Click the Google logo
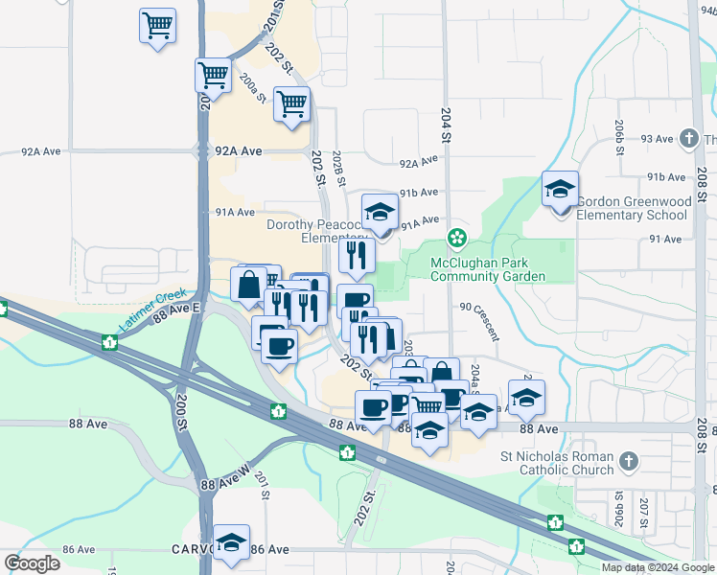[32, 563]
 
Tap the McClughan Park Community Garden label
[487, 269]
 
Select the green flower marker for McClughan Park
[458, 237]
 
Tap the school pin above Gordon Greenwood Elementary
[560, 189]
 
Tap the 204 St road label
[446, 126]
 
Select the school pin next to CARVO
[231, 542]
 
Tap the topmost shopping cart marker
[157, 25]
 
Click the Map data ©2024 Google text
[658, 567]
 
